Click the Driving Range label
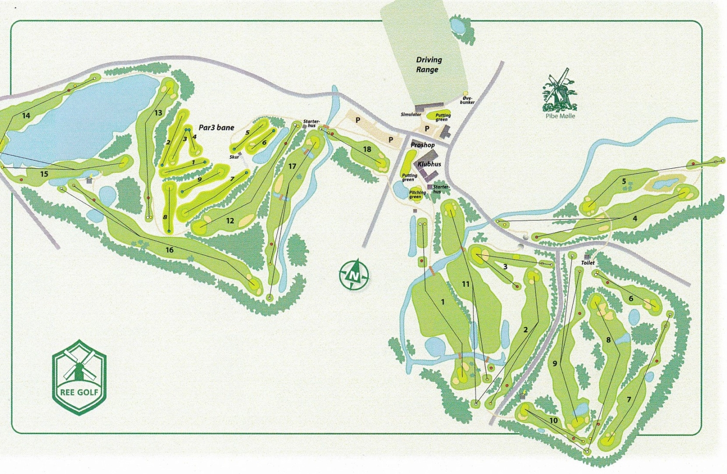point(428,65)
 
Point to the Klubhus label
point(429,164)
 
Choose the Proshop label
point(423,145)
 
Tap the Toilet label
point(587,262)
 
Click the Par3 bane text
point(216,128)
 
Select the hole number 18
point(367,149)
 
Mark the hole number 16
point(169,250)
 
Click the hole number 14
point(26,115)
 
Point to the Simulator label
point(411,114)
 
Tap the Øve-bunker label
point(467,100)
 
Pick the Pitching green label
point(417,195)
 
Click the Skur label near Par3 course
point(234,157)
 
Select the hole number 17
point(292,166)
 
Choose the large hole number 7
point(629,400)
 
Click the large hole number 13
point(158,113)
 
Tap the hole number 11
point(465,284)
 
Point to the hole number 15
point(44,174)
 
